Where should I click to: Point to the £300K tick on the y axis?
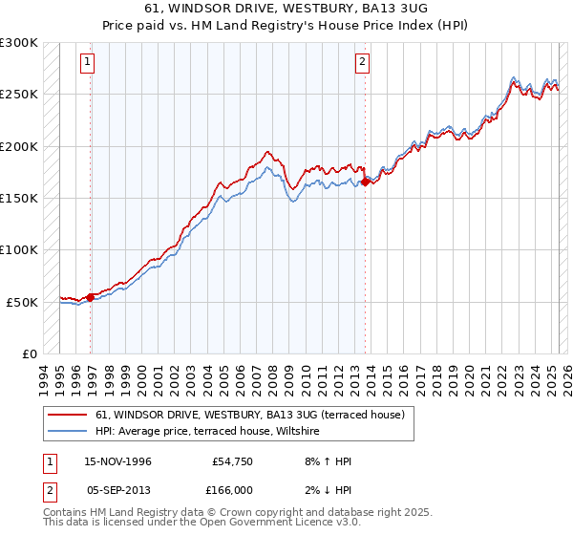pyautogui.click(x=19, y=43)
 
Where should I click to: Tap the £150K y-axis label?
pyautogui.click(x=19, y=198)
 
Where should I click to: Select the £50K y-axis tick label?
pyautogui.click(x=23, y=302)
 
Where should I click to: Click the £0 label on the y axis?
pyautogui.click(x=30, y=353)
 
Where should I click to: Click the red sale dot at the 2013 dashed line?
pyautogui.click(x=366, y=182)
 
